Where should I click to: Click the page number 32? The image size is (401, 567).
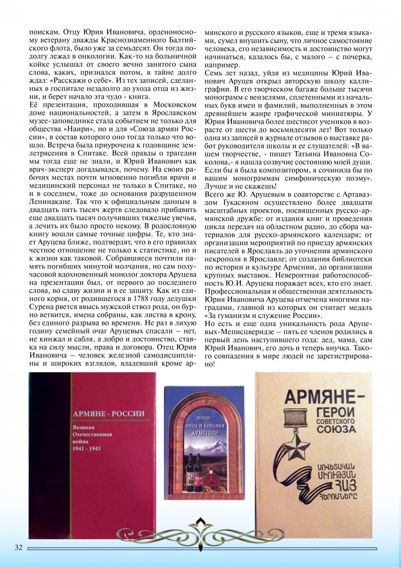(x=18, y=548)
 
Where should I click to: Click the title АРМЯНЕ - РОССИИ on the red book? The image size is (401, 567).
(x=108, y=414)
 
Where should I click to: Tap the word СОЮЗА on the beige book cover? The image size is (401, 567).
(x=335, y=430)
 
